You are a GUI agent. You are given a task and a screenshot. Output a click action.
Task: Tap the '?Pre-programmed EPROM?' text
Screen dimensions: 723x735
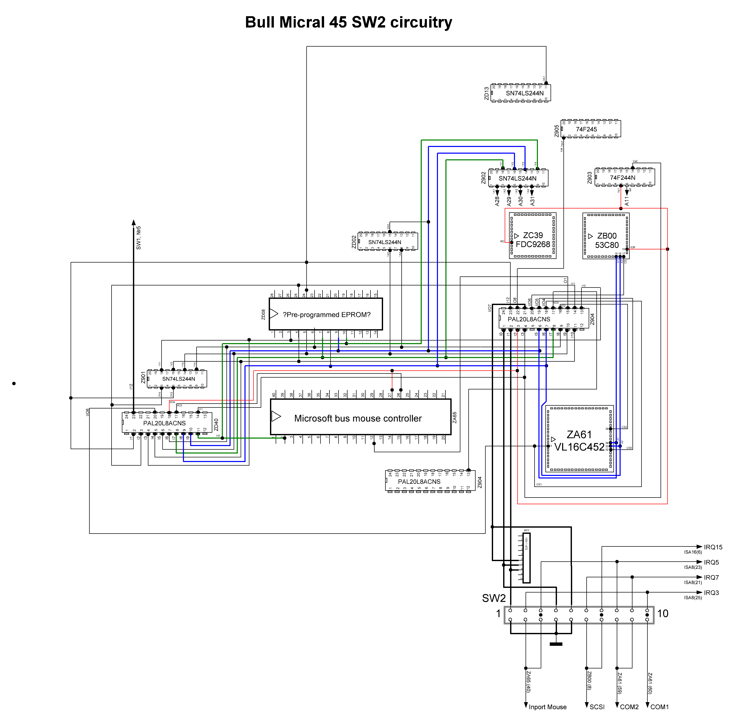(326, 315)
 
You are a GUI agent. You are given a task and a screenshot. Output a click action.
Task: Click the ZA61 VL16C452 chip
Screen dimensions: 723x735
(579, 440)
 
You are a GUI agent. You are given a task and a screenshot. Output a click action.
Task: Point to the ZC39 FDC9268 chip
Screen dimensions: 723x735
(533, 240)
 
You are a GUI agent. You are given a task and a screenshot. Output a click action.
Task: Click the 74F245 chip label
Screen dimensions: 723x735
(586, 129)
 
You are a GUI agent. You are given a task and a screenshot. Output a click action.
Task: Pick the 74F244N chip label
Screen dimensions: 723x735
(622, 178)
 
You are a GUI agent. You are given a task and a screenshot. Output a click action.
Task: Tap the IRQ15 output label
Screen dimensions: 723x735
(713, 547)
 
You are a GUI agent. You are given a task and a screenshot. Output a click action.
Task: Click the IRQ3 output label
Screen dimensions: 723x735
(711, 593)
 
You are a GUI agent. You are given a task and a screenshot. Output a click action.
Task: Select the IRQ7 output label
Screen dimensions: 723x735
(711, 578)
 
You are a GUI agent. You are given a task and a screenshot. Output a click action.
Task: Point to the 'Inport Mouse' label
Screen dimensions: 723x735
(547, 707)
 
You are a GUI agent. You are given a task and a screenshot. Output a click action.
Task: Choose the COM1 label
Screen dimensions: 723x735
(659, 707)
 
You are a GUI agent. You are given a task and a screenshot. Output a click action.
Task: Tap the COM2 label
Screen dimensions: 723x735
(629, 707)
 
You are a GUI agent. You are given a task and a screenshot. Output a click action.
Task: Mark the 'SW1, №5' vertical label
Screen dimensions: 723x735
(138, 238)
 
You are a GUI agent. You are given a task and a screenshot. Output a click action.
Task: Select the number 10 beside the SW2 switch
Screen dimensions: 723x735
(662, 613)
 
